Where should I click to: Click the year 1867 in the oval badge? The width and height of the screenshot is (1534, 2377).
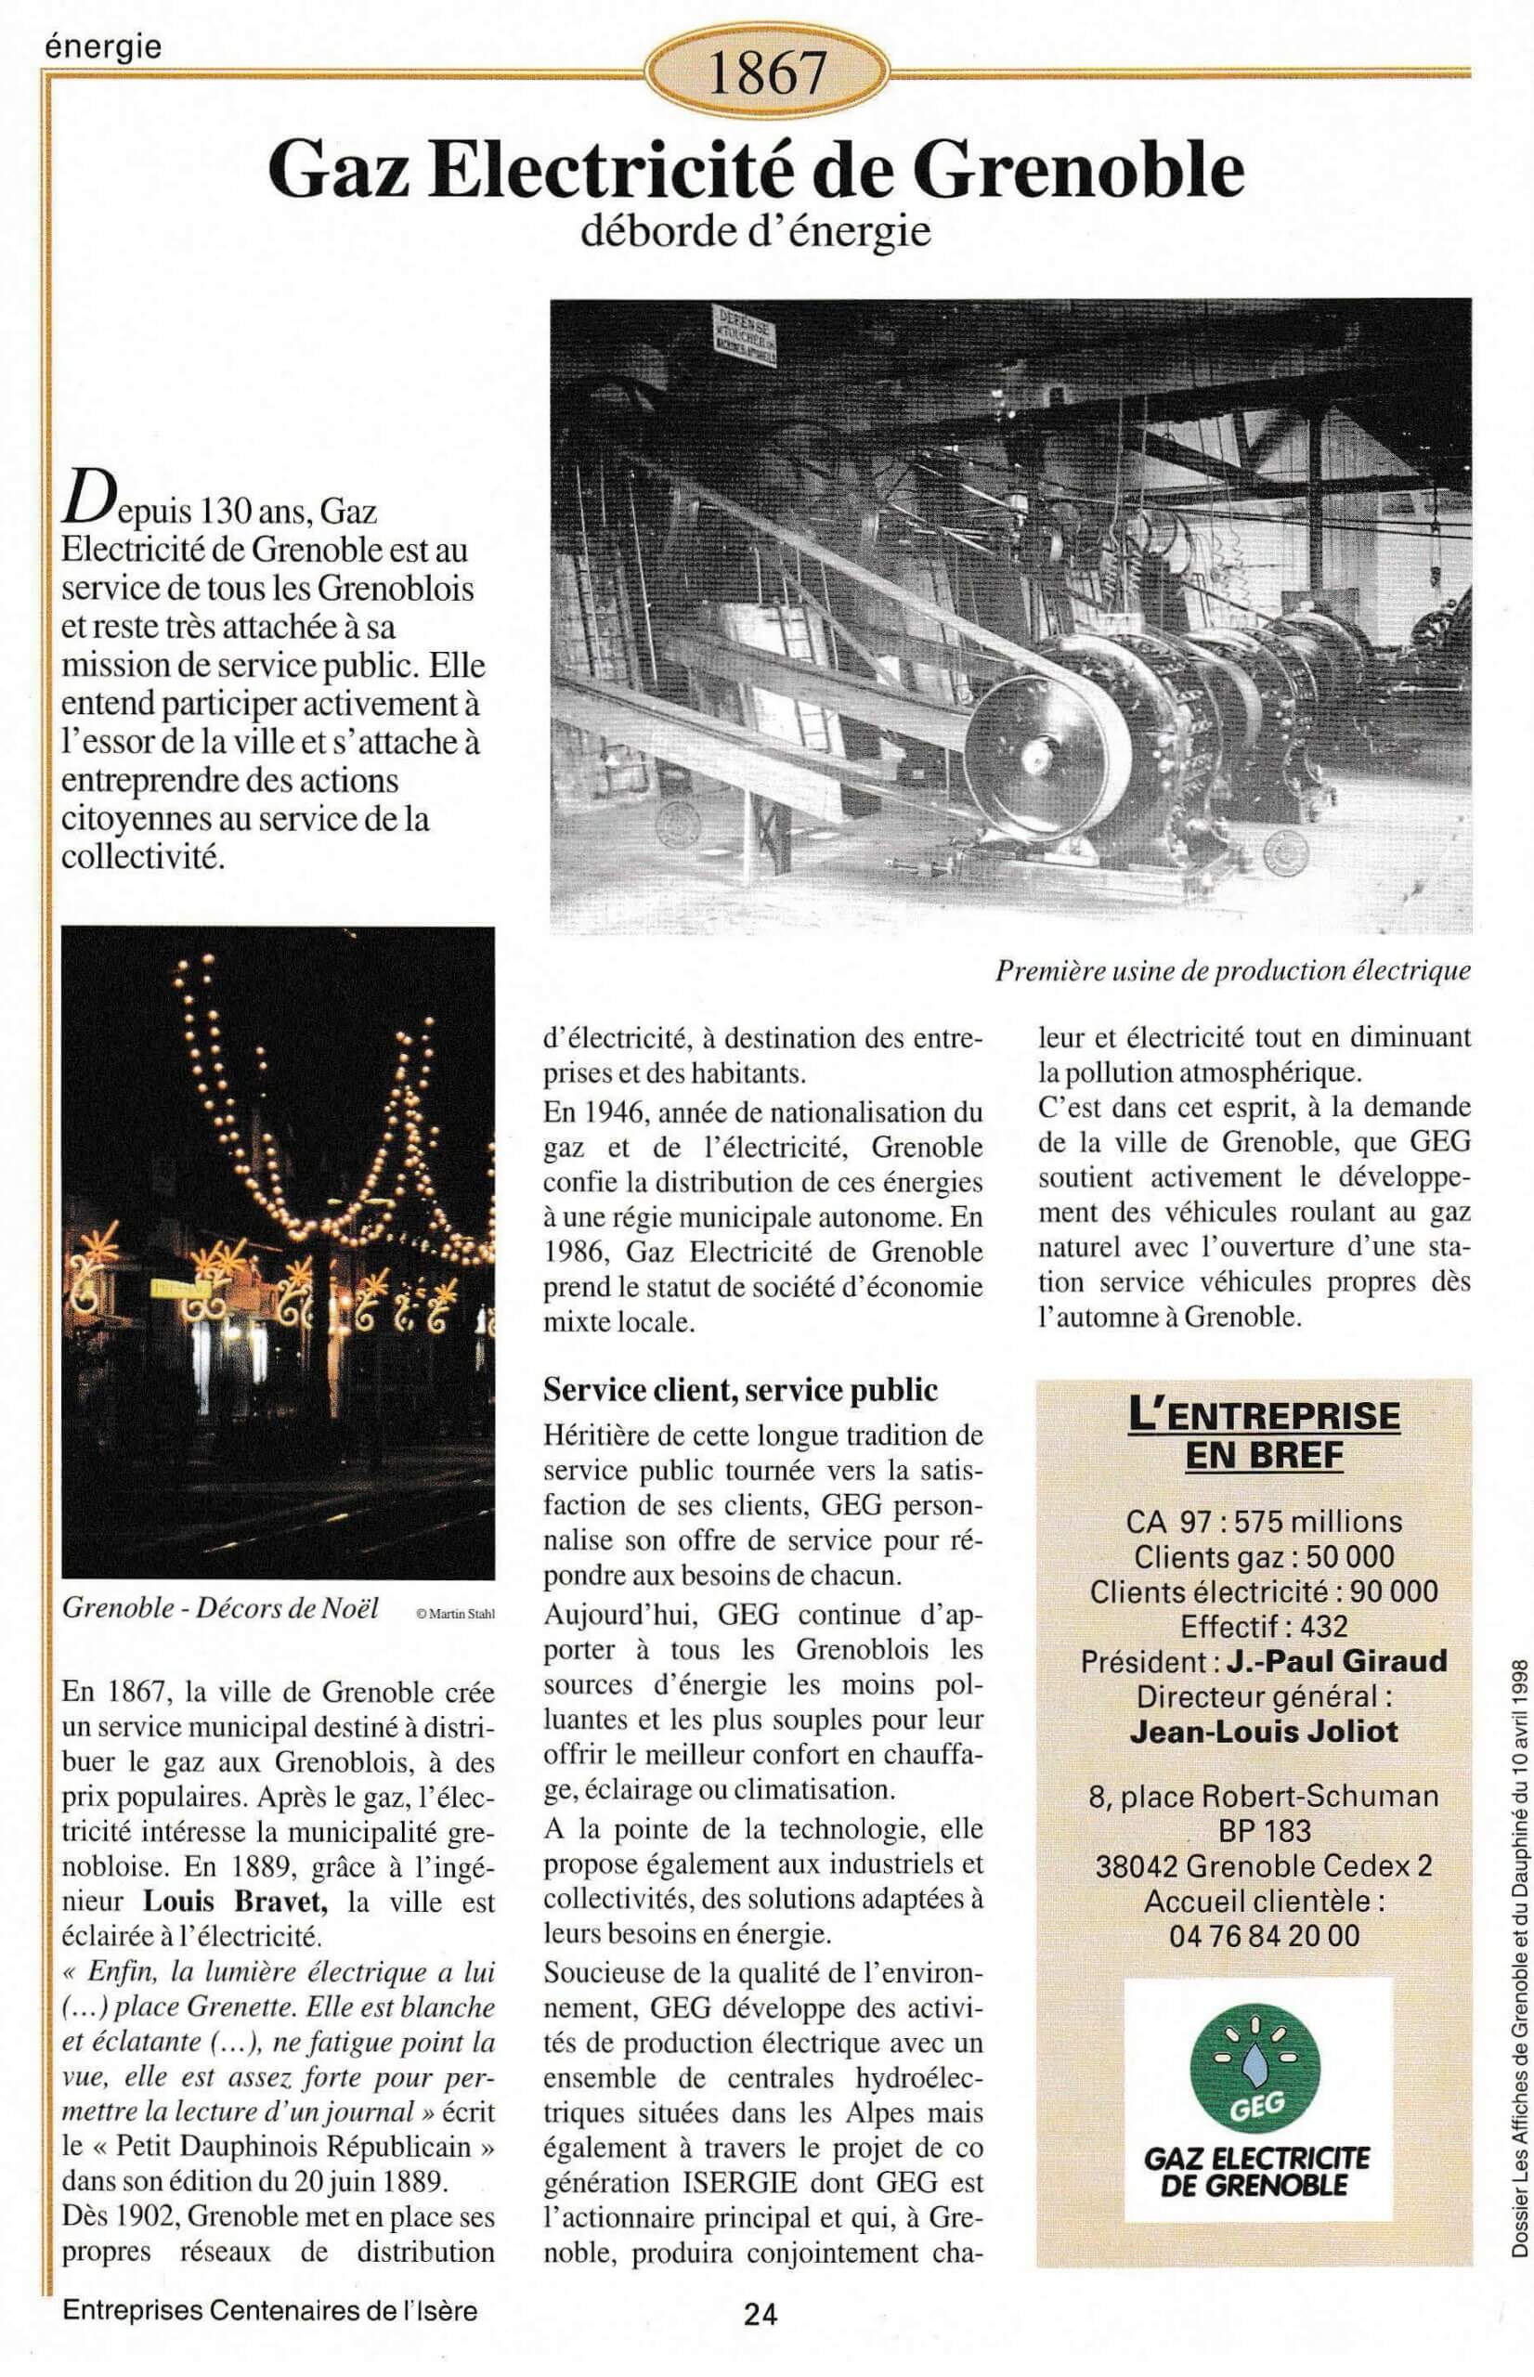[766, 72]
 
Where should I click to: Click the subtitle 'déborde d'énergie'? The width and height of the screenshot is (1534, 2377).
[755, 231]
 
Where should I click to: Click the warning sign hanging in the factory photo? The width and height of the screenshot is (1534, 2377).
[743, 334]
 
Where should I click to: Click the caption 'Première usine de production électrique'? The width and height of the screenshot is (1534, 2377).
[1232, 970]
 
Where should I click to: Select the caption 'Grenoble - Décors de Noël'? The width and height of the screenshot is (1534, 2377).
[220, 1607]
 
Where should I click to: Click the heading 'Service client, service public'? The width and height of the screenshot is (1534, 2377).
[740, 1389]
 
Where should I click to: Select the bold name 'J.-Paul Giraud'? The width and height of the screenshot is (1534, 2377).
[1336, 1661]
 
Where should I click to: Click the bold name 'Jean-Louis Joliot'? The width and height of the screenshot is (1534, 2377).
[1264, 1731]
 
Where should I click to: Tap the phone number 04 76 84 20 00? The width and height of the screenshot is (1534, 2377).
[1264, 1935]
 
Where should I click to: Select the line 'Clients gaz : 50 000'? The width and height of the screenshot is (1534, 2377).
[1264, 1556]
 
